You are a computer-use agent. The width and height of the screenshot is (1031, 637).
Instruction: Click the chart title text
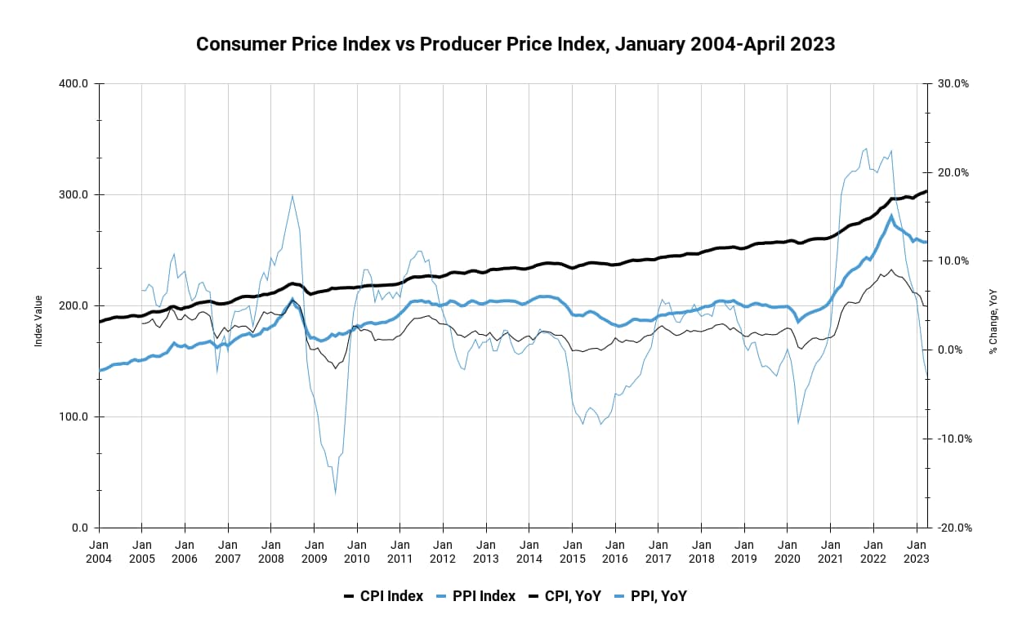tap(515, 44)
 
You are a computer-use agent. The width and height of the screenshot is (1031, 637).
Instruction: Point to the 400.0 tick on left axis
tap(75, 83)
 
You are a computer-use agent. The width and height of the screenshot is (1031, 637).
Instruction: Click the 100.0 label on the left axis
tap(75, 416)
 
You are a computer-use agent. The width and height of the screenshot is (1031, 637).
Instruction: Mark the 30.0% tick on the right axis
tap(953, 83)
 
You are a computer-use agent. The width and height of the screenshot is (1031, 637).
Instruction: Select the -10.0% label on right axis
tap(953, 439)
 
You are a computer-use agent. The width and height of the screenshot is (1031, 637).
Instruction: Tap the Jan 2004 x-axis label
tap(99, 550)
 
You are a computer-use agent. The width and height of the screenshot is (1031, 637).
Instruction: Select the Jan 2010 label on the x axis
tap(357, 550)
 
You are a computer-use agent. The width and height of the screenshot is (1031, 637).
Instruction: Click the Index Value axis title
tap(38, 305)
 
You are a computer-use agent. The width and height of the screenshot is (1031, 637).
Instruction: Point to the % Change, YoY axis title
tap(993, 305)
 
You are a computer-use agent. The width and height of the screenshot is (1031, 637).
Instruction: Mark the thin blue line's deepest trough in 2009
tap(335, 493)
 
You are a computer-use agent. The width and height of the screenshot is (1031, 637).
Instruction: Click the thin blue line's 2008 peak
tap(292, 195)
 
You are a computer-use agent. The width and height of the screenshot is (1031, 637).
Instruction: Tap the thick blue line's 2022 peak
tap(891, 216)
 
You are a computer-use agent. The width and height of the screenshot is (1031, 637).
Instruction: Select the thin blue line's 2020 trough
tap(798, 423)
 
